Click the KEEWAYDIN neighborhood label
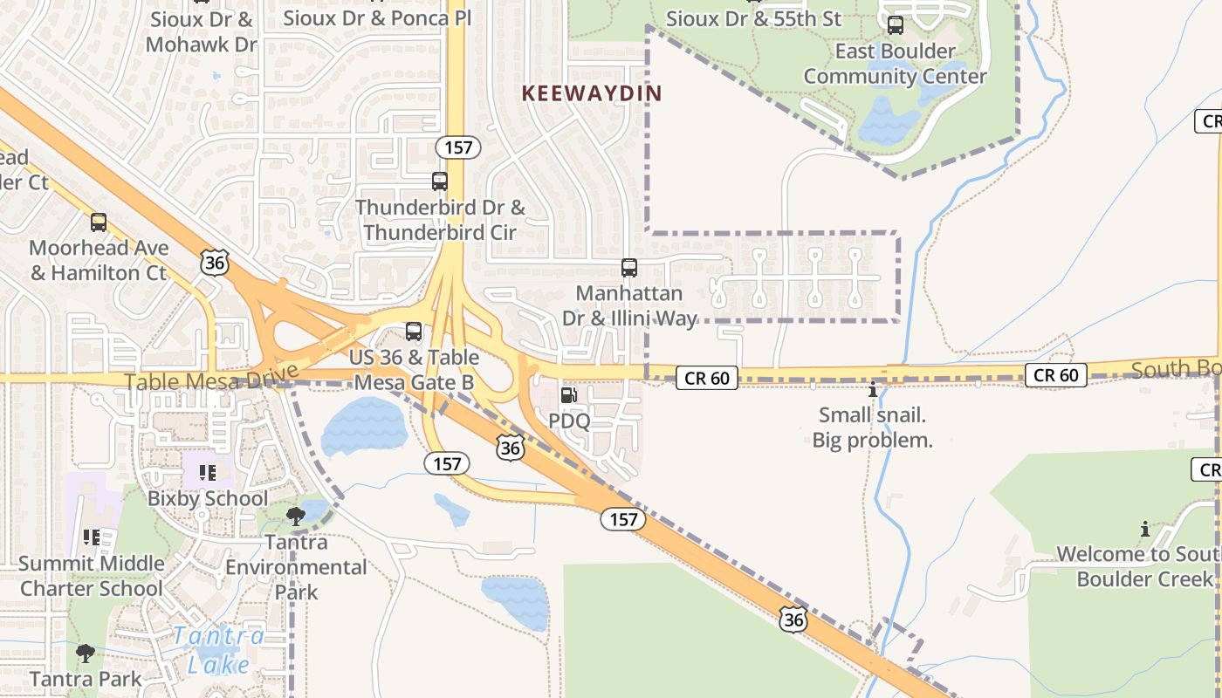point(592,93)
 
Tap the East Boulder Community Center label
point(895,64)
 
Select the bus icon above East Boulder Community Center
point(895,25)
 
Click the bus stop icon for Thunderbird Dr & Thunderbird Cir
point(440,181)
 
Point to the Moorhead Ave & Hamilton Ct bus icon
point(99,222)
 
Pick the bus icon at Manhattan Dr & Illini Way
point(628,268)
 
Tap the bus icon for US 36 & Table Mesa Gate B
point(414,332)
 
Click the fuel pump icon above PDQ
point(569,395)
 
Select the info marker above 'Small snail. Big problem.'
point(872,389)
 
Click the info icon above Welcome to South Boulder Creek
point(1145,529)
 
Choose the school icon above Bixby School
point(208,473)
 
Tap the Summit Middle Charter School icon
point(91,537)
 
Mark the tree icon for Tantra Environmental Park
point(296,516)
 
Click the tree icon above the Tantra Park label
point(86,653)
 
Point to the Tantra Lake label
point(218,649)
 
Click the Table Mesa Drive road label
point(199,381)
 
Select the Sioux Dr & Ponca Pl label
point(377,17)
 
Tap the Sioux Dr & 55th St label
point(753,18)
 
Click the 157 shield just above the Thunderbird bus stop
point(458,147)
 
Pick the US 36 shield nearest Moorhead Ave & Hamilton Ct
point(215,262)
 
